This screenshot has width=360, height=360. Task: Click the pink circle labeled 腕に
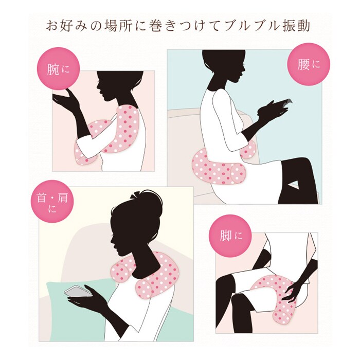coord(58,68)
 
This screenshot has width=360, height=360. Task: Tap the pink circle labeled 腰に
coord(309,64)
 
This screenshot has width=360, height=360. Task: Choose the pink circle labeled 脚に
coord(230,236)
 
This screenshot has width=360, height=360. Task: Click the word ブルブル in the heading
coord(248,26)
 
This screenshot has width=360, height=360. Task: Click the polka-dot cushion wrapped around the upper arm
coord(110,135)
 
